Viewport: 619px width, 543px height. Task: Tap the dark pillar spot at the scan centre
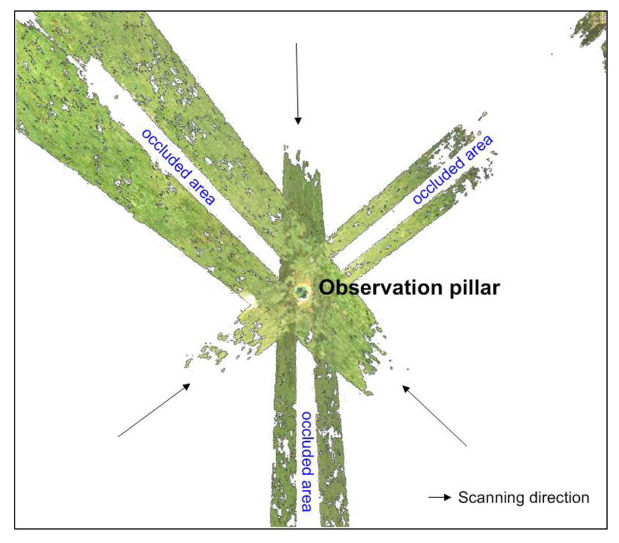coord(300,293)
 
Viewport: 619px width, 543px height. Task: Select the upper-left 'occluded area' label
coord(178,166)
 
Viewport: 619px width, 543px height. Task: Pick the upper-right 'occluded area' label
coord(453,170)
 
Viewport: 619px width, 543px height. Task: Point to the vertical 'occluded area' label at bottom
coord(307,461)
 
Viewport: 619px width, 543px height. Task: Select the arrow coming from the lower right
coord(435,415)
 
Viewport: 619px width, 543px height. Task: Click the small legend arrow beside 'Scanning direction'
coord(439,498)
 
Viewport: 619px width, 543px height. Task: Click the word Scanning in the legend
coord(486,498)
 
